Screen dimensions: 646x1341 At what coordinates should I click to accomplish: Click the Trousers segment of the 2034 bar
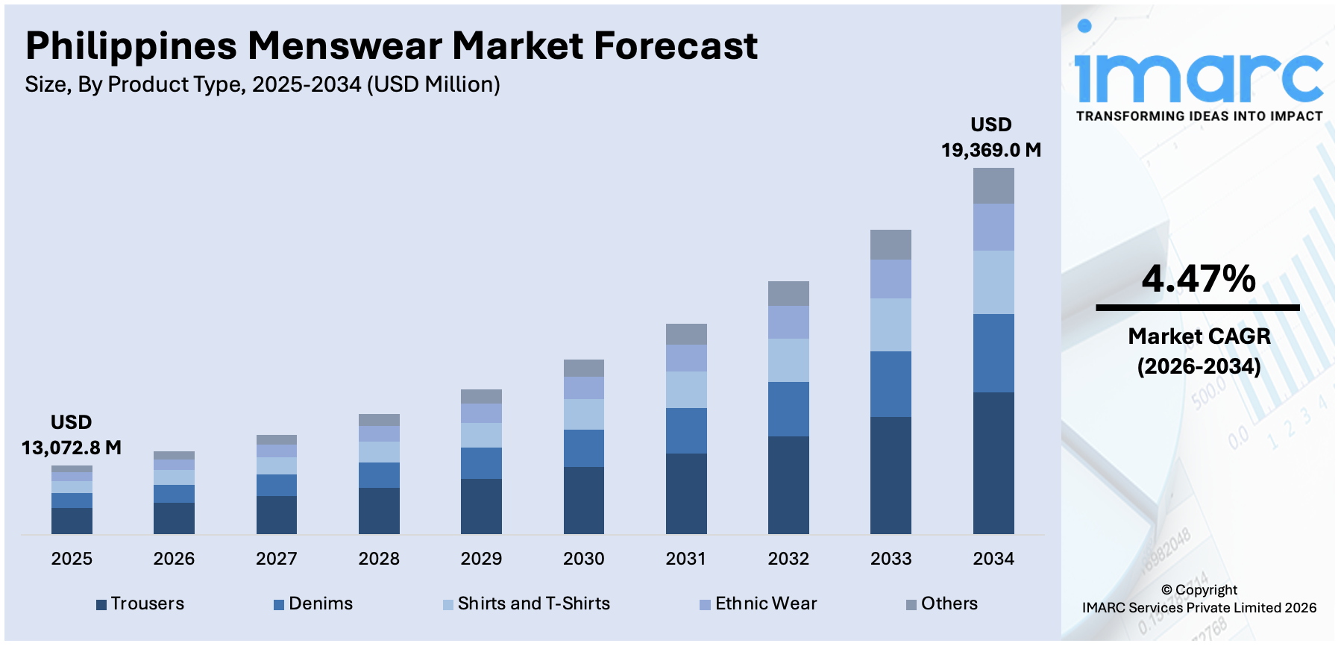tap(993, 462)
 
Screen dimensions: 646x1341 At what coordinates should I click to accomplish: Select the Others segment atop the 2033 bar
tap(891, 245)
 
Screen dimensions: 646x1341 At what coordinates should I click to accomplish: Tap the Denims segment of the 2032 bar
tap(788, 409)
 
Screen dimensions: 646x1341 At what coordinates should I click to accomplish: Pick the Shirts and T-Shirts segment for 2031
tap(686, 389)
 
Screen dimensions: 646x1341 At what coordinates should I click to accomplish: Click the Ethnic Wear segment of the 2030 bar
tap(583, 388)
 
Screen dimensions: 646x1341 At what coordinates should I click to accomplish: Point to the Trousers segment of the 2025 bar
tap(72, 520)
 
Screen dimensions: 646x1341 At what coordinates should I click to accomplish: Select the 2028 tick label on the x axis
tap(379, 559)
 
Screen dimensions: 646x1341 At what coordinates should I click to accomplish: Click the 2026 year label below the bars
tap(174, 559)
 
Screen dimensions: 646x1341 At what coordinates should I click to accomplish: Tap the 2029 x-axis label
tap(481, 559)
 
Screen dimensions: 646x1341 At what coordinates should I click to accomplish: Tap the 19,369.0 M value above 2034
tap(990, 150)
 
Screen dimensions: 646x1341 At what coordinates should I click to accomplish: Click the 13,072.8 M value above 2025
tap(72, 448)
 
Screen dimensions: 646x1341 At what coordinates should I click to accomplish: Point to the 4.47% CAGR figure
tap(1199, 279)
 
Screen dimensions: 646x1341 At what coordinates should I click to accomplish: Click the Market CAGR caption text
tap(1199, 336)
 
